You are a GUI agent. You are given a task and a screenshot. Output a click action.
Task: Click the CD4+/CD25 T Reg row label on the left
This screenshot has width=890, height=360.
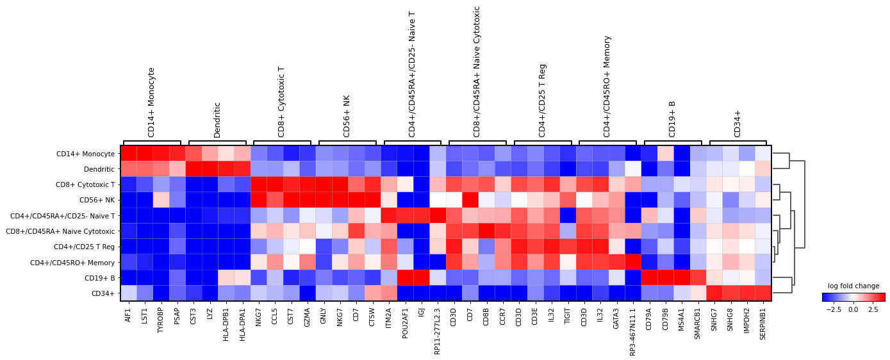(x=87, y=247)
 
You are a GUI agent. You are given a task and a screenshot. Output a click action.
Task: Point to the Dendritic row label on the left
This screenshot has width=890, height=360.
(x=99, y=169)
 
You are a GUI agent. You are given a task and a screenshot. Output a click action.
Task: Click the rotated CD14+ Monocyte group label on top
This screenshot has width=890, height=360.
(x=152, y=102)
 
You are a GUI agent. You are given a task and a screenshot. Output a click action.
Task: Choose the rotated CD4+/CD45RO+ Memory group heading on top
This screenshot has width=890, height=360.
(x=607, y=86)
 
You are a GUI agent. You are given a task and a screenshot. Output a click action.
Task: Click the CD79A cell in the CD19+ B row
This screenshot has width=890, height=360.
(x=649, y=278)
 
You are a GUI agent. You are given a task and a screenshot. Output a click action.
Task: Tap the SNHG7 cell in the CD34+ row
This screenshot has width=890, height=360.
(x=714, y=293)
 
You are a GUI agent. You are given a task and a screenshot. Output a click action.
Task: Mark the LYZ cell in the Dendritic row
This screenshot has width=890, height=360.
(x=210, y=169)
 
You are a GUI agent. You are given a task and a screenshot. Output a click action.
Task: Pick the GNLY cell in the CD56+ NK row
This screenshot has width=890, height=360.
(x=324, y=200)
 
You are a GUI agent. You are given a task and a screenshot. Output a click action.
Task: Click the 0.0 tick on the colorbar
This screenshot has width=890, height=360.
(x=853, y=309)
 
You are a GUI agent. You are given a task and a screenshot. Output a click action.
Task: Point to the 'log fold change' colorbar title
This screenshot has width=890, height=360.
(x=853, y=286)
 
